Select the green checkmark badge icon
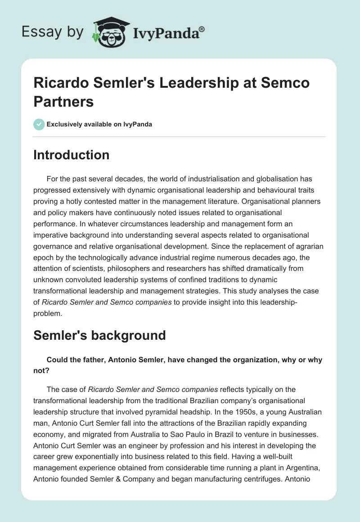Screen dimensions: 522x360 (x=39, y=124)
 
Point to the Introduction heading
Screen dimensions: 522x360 (x=71, y=155)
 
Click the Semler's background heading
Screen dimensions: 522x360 (x=99, y=335)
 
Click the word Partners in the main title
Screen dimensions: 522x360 (x=63, y=101)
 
